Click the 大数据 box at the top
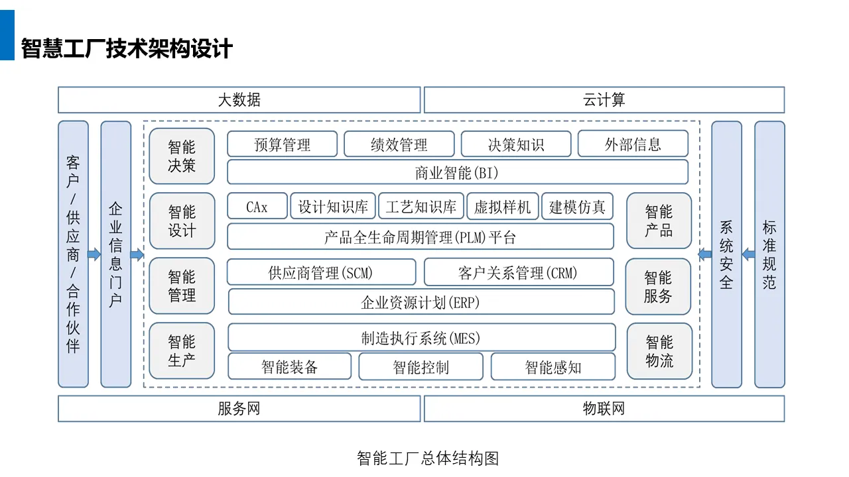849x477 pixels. pyautogui.click(x=239, y=100)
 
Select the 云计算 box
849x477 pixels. pyautogui.click(x=604, y=100)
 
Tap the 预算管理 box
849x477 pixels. pyautogui.click(x=283, y=144)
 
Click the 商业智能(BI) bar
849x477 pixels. pyautogui.click(x=458, y=173)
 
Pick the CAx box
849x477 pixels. pyautogui.click(x=257, y=206)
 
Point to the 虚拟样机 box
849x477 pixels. pyautogui.click(x=503, y=206)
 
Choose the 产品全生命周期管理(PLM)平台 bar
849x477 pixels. pyautogui.click(x=421, y=237)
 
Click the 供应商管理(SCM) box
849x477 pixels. pyautogui.click(x=322, y=272)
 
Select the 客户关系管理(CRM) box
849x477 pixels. pyautogui.click(x=519, y=272)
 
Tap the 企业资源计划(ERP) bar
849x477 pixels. pyautogui.click(x=421, y=302)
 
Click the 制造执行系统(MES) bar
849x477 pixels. pyautogui.click(x=421, y=337)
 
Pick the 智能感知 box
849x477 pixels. pyautogui.click(x=553, y=366)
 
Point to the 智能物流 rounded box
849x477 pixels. pyautogui.click(x=659, y=351)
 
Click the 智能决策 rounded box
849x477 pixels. pyautogui.click(x=182, y=156)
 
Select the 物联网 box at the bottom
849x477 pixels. pyautogui.click(x=604, y=409)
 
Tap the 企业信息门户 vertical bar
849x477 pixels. pyautogui.click(x=116, y=254)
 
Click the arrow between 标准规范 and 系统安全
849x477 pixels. pyautogui.click(x=748, y=254)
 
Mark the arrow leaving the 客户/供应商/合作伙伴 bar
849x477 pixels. pyautogui.click(x=94, y=254)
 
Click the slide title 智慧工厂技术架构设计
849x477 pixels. pyautogui.click(x=127, y=48)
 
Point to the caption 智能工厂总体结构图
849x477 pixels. pyautogui.click(x=428, y=458)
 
